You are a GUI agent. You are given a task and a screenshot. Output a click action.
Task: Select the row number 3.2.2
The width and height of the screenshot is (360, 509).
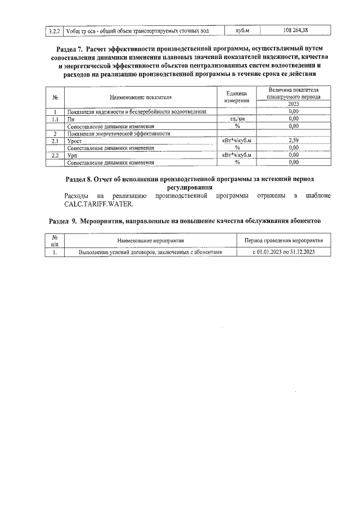coord(55,30)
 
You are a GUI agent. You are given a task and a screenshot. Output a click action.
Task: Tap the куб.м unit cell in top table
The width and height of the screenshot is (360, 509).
coord(237,30)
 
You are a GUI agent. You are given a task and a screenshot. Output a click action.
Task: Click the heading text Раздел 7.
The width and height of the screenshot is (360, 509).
coord(73,49)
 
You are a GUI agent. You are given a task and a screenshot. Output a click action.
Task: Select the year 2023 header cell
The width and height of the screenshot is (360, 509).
coord(292,104)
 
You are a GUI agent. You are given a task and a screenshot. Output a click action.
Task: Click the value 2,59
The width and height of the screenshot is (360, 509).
coord(292,141)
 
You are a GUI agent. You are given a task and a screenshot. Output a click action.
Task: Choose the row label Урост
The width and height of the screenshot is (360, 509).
coord(74,141)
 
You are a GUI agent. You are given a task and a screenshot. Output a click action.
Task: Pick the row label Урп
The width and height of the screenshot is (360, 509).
coord(73,155)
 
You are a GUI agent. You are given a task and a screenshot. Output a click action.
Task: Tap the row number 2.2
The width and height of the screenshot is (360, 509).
coord(55,155)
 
